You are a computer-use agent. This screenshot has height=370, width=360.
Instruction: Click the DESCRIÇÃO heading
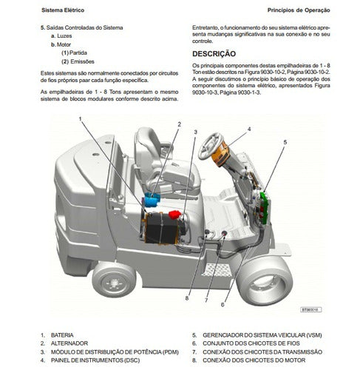[214, 54]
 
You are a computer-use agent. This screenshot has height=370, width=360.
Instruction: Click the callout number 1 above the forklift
[80, 119]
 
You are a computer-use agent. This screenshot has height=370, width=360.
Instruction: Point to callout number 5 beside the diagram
[285, 142]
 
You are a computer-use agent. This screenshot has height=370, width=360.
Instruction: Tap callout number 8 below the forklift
[187, 298]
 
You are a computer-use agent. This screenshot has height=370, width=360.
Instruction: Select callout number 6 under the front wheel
[223, 305]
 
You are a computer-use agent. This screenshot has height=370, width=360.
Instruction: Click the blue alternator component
[152, 200]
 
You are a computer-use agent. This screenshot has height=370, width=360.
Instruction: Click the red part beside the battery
[174, 215]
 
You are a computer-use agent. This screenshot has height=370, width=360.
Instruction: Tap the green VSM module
[265, 208]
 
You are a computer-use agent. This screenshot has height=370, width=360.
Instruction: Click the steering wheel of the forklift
[209, 146]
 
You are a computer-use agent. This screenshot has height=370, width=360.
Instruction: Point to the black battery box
[161, 228]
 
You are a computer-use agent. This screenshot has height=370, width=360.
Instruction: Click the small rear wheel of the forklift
[114, 280]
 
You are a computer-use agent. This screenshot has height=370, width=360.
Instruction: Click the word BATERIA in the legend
[62, 335]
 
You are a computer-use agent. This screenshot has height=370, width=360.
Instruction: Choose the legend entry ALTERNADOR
[69, 343]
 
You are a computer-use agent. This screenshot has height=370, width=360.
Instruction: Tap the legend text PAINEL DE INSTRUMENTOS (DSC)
[95, 360]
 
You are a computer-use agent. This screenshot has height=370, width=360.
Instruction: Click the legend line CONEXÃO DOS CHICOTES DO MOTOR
[254, 360]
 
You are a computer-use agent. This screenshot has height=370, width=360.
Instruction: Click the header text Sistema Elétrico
[63, 10]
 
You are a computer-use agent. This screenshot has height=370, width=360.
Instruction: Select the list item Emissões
[82, 61]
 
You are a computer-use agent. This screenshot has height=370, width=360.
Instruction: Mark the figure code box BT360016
[311, 309]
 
